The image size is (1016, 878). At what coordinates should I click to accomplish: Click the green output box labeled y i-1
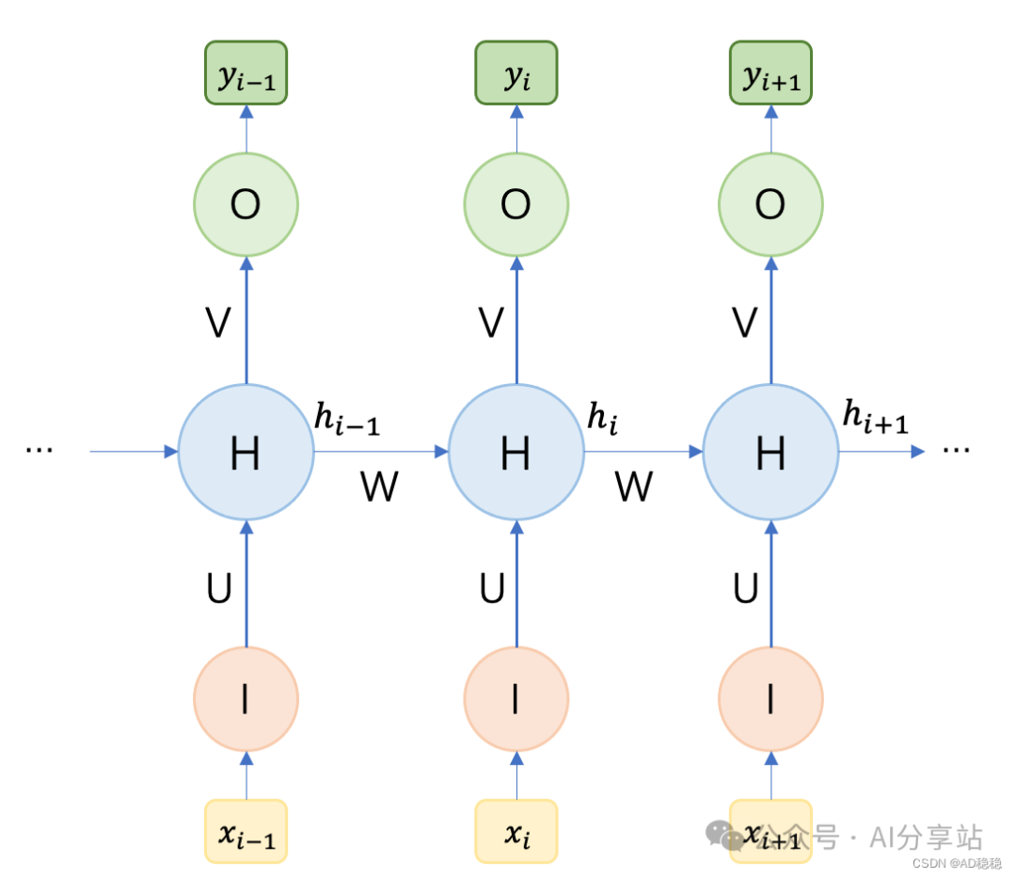click(x=246, y=72)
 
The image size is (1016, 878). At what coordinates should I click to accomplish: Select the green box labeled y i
click(x=516, y=72)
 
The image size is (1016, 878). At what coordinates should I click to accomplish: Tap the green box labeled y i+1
click(x=770, y=72)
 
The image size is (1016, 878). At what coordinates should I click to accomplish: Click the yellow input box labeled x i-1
click(x=246, y=832)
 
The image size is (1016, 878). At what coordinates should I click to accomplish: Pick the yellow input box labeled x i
click(x=516, y=832)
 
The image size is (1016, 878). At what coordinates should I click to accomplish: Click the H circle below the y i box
click(x=516, y=453)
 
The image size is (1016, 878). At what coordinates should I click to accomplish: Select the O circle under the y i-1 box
click(x=246, y=204)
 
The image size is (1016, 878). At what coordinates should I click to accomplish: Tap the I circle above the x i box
click(x=516, y=699)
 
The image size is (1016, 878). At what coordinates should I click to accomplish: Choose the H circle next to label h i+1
click(x=770, y=453)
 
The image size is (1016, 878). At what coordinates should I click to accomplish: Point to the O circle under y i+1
click(x=770, y=204)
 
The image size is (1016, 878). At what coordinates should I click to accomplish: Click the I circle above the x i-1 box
click(x=246, y=699)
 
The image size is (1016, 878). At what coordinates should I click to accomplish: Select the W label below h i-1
click(x=379, y=487)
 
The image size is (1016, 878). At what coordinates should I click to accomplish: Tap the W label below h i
click(x=634, y=487)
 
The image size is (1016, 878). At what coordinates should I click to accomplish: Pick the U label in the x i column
click(x=492, y=589)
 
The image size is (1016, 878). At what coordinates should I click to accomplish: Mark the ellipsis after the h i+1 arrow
click(x=956, y=450)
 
